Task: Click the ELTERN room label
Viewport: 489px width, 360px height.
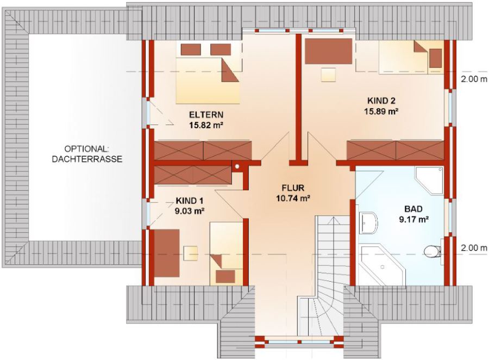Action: coord(206,114)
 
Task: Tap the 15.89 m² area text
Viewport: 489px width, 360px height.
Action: coord(381,111)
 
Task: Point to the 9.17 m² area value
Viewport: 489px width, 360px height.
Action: coord(413,219)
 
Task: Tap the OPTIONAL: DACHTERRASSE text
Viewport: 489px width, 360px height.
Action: coord(87,154)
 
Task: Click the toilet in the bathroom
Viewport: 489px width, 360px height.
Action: coord(432,250)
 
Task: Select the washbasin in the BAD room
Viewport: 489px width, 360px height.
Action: coord(368,223)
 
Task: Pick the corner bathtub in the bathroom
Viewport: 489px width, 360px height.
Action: coord(381,265)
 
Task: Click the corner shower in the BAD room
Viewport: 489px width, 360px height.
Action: coord(429,181)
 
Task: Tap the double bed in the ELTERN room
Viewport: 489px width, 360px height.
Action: coord(208,80)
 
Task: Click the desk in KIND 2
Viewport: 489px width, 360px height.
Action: coord(328,51)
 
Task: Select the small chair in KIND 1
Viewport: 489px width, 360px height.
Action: coord(191,253)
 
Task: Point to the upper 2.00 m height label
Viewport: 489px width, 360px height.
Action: coord(474,79)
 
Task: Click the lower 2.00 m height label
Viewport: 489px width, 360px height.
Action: coord(474,248)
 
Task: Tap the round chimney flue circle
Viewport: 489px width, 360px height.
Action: coord(237,166)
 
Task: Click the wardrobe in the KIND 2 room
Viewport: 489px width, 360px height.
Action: coord(396,151)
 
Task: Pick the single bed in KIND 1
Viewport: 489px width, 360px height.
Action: coord(227,253)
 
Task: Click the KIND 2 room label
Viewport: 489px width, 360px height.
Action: coord(381,101)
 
